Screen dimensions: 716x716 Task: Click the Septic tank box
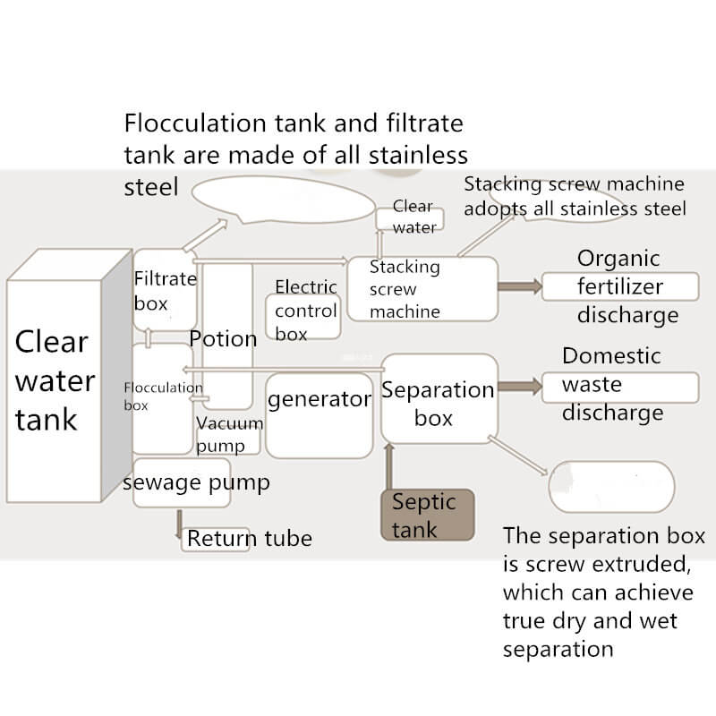tap(427, 516)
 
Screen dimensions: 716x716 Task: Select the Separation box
tap(439, 399)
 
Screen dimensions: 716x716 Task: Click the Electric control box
tap(304, 312)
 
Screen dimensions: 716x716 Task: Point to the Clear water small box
tap(413, 217)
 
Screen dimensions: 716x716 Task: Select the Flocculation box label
tap(162, 396)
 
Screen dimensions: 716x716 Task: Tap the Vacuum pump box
tap(229, 435)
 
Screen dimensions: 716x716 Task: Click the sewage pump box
tap(182, 483)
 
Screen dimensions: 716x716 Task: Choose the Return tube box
tap(248, 539)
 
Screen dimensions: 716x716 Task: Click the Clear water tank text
tap(54, 379)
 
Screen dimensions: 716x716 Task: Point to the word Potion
tap(223, 339)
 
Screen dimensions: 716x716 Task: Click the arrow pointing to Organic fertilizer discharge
tap(520, 286)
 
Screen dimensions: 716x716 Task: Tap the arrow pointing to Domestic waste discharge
tap(520, 387)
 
